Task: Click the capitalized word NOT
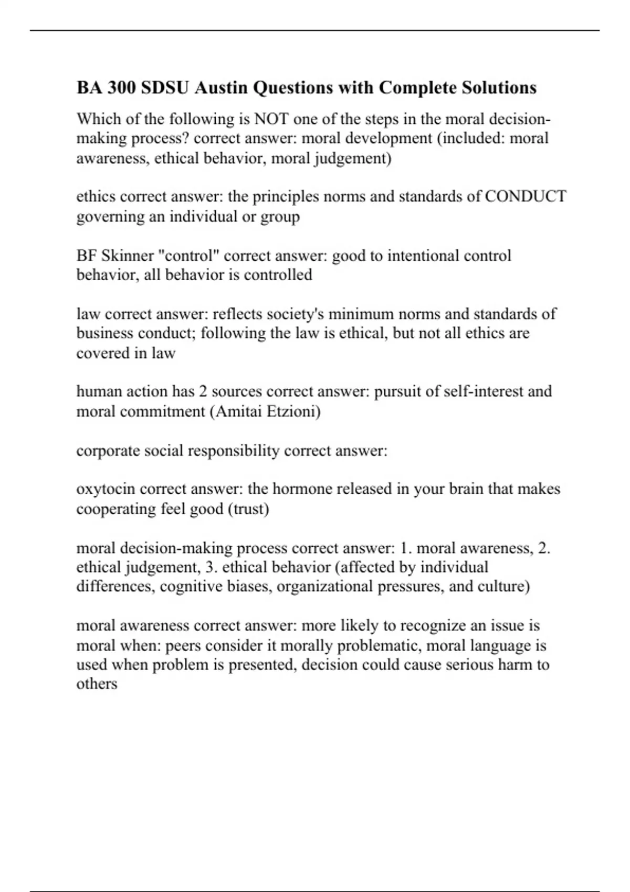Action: click(271, 119)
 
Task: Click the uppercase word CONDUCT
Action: click(526, 196)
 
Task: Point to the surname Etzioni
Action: click(294, 411)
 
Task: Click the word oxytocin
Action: click(106, 489)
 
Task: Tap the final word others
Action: click(97, 684)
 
